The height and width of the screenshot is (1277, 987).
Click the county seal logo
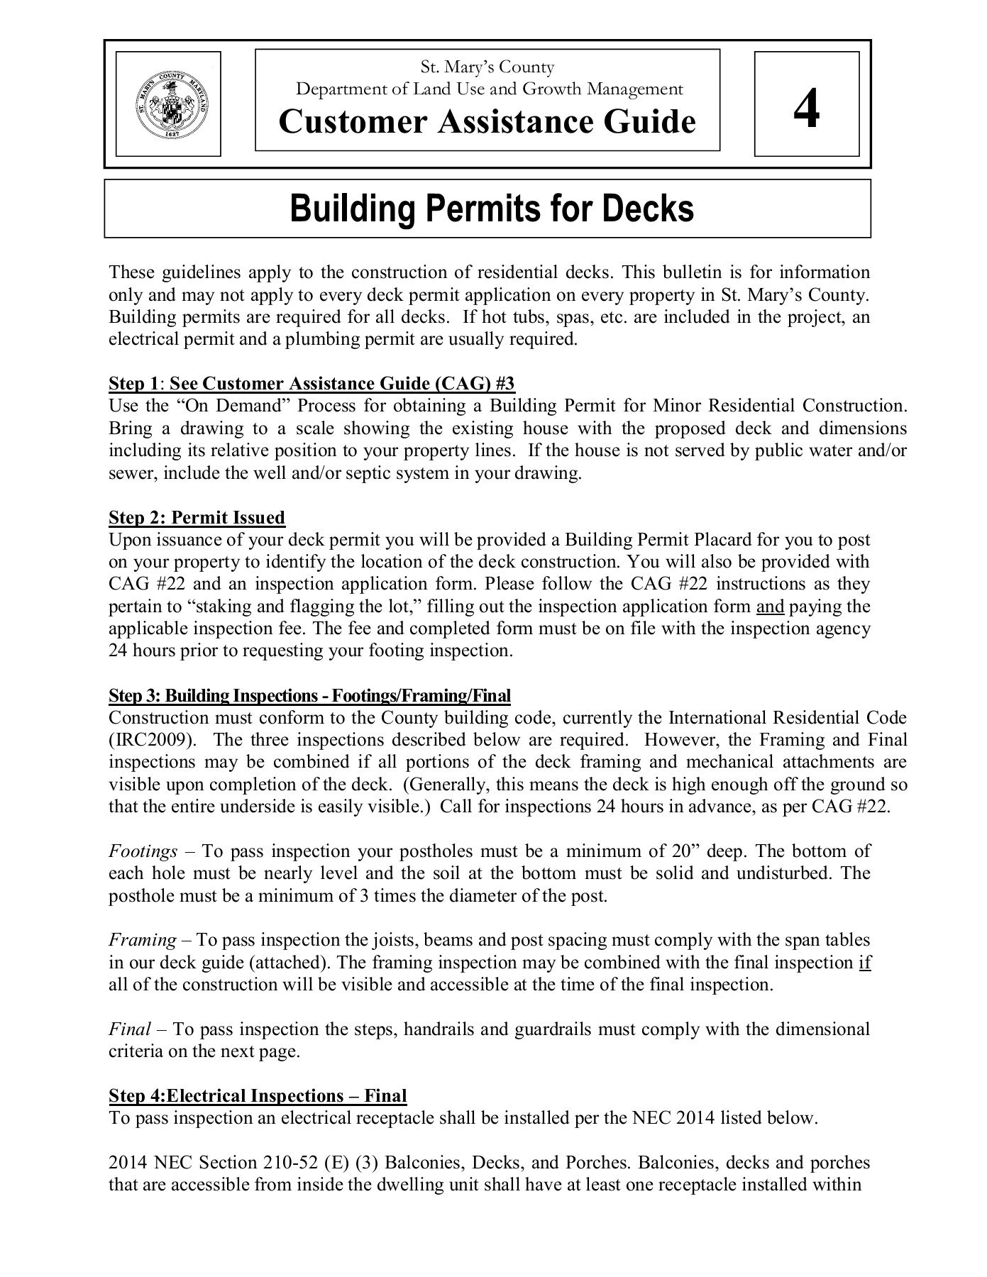pos(169,104)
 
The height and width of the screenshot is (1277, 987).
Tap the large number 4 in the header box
pos(807,109)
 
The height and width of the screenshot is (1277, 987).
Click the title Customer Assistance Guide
pos(487,121)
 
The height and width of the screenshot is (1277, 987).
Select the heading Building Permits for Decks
pos(492,208)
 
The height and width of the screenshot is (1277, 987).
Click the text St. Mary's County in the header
pos(487,67)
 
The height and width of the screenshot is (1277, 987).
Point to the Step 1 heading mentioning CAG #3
pos(311,384)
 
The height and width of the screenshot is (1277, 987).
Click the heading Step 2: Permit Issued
pos(197,517)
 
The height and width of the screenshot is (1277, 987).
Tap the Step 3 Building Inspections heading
pos(309,695)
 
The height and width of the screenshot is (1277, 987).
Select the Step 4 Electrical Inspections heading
pos(258,1096)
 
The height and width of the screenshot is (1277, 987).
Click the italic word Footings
pos(143,851)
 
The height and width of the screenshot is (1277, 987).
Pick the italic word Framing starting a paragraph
pos(142,940)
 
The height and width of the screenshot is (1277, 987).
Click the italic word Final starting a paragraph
pos(129,1029)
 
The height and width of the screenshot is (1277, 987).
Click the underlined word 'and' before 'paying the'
pos(770,607)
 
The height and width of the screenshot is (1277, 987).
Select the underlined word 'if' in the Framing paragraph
pos(864,963)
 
